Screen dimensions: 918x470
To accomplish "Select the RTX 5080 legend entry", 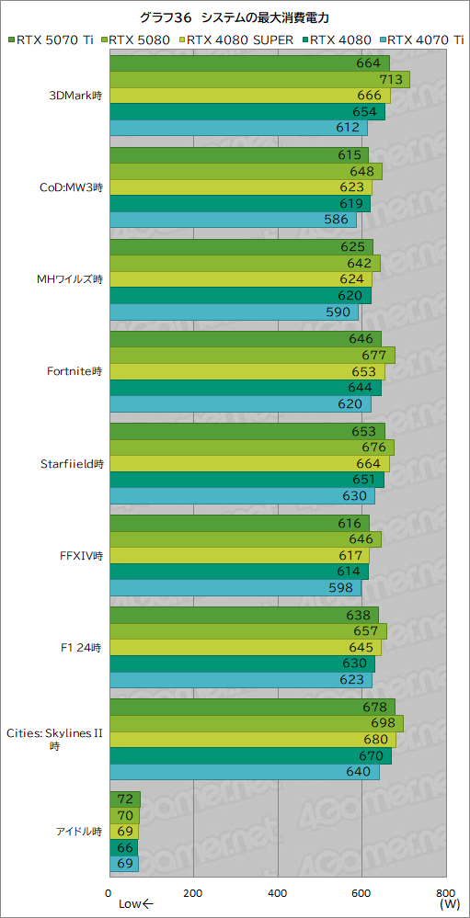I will (135, 40).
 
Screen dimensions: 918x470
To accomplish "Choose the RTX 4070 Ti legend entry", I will (422, 40).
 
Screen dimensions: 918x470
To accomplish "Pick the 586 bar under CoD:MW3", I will (233, 220).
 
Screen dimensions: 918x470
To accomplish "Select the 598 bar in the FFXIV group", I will (235, 587).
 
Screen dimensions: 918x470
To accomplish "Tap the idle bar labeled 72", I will (124, 799).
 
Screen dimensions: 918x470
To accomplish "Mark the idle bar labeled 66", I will (123, 848).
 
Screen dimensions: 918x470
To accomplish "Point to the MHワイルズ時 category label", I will (69, 280).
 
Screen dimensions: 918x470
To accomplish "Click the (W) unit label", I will (449, 904).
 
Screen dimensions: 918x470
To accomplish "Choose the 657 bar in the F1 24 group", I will (247, 631).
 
